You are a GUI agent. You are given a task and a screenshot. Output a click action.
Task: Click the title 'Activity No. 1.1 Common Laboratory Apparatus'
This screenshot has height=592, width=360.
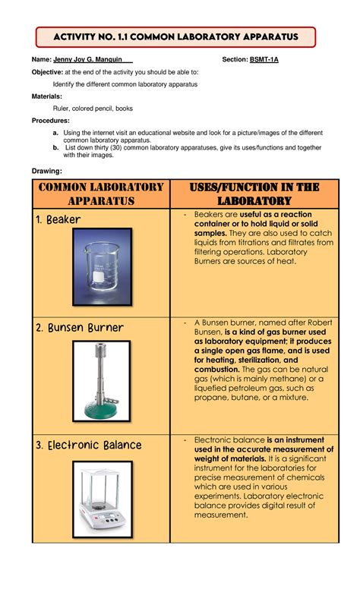[x=175, y=36]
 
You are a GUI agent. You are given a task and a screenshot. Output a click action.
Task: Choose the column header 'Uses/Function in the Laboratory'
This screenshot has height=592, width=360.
[x=254, y=194]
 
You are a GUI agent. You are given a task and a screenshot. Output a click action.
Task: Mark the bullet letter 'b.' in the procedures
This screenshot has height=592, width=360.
[x=56, y=146]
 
